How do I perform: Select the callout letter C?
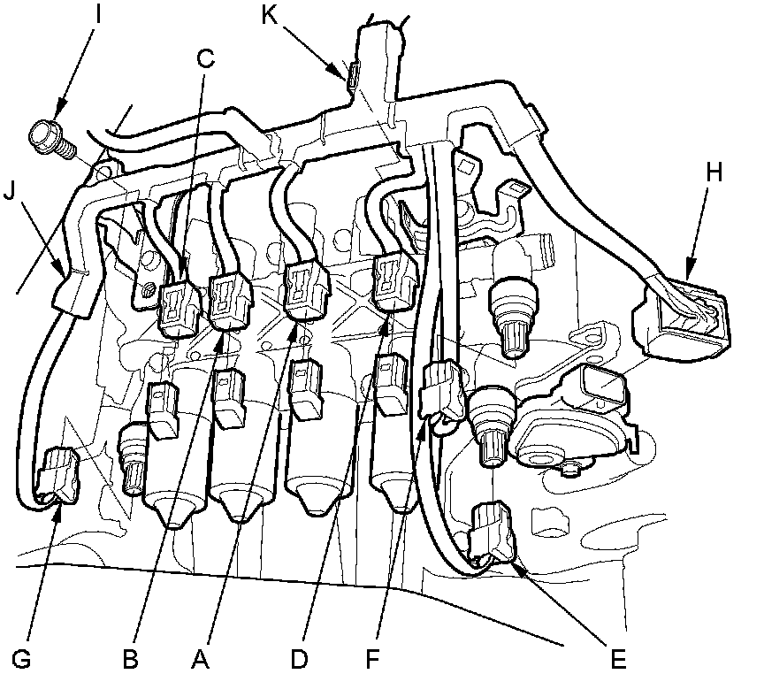(206, 60)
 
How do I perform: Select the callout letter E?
(620, 658)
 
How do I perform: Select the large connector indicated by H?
(686, 317)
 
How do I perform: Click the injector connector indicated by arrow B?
(229, 298)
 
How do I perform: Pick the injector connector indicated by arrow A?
(304, 287)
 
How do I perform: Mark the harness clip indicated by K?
(352, 78)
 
